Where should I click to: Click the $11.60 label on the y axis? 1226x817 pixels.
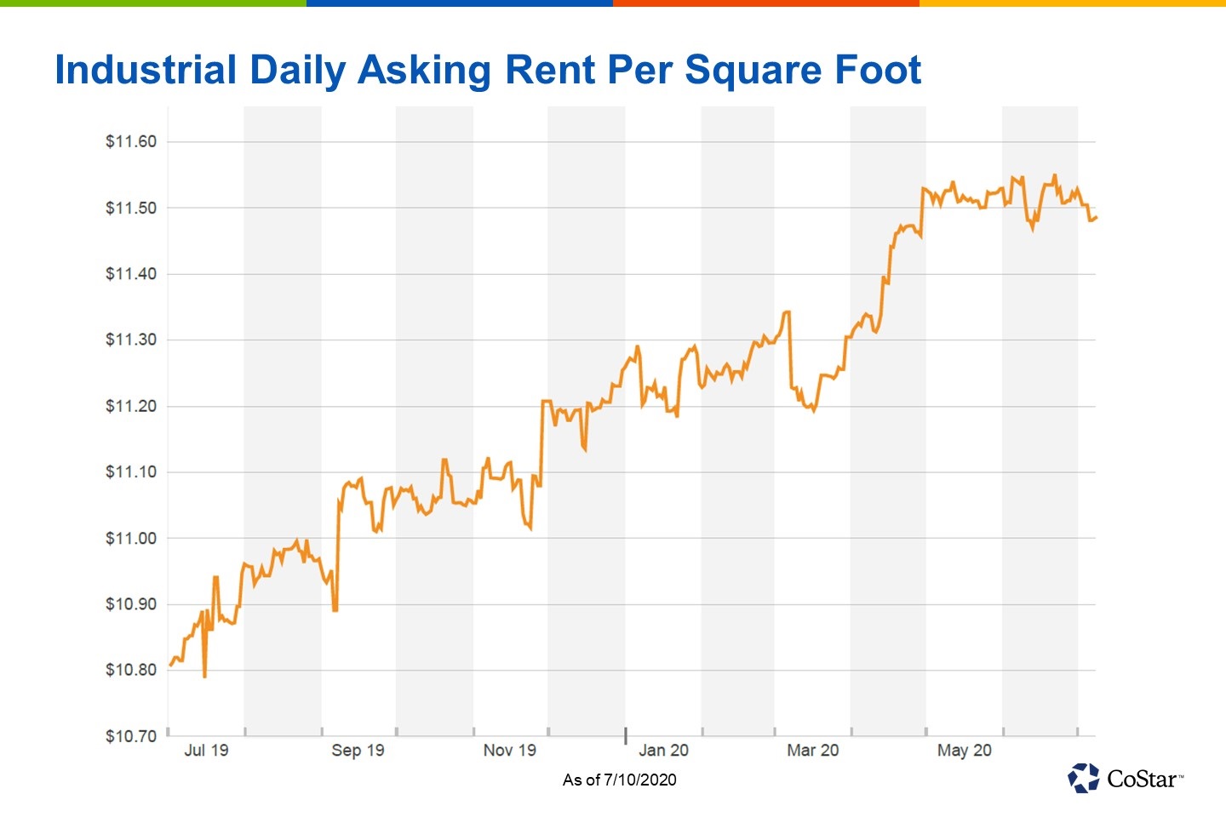(x=131, y=142)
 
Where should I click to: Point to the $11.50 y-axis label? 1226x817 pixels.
(x=131, y=209)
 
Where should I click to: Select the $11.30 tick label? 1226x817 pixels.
(x=131, y=340)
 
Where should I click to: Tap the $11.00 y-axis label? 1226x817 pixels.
(x=131, y=539)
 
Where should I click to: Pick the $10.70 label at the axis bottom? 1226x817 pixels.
(x=131, y=736)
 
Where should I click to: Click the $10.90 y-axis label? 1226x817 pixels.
(x=131, y=604)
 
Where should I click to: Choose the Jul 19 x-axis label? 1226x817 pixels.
(x=206, y=751)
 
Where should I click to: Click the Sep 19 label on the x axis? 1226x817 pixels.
(x=358, y=751)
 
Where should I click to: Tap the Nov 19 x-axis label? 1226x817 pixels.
(x=509, y=751)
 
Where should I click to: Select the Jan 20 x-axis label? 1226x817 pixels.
(x=663, y=751)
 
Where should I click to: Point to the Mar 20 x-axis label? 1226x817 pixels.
(x=812, y=751)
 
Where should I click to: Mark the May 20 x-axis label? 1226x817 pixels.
(x=964, y=751)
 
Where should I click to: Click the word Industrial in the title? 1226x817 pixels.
(x=146, y=70)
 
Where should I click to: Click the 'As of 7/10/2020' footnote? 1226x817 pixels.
(x=619, y=780)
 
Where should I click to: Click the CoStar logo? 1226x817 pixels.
(x=1125, y=778)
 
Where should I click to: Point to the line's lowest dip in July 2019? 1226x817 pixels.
(x=204, y=676)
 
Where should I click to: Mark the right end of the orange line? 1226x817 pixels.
(x=1096, y=218)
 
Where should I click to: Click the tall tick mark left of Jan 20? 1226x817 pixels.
(x=626, y=735)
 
